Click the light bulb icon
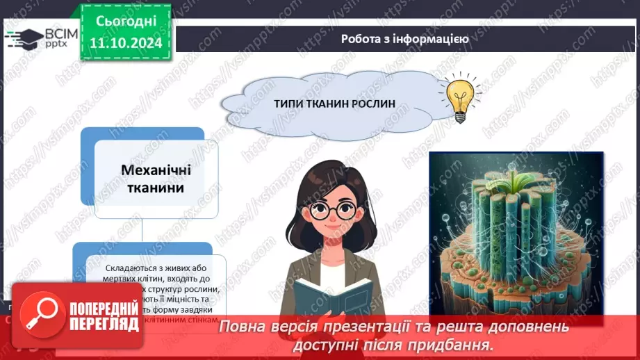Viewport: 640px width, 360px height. (x=459, y=100)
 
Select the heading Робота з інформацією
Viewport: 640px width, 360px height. (x=404, y=39)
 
